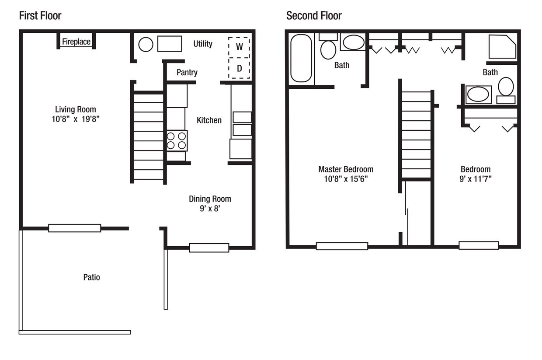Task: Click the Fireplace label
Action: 76,42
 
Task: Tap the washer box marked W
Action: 239,47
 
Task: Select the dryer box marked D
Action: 239,68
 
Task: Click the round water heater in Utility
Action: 146,45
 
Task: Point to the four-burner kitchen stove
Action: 177,141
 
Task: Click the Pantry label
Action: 187,72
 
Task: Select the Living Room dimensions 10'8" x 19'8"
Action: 76,119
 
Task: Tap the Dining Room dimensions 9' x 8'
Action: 210,209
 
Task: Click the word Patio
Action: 91,277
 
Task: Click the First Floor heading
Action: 40,16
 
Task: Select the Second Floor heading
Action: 314,16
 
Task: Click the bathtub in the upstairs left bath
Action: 301,58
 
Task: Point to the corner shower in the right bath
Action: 502,47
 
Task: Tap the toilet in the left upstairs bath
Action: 328,46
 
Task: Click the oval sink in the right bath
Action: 478,94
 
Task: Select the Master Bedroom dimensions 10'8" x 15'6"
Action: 346,179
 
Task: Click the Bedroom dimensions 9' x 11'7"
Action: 476,179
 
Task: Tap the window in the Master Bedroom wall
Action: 342,246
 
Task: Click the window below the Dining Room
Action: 209,248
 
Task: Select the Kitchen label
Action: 209,120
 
